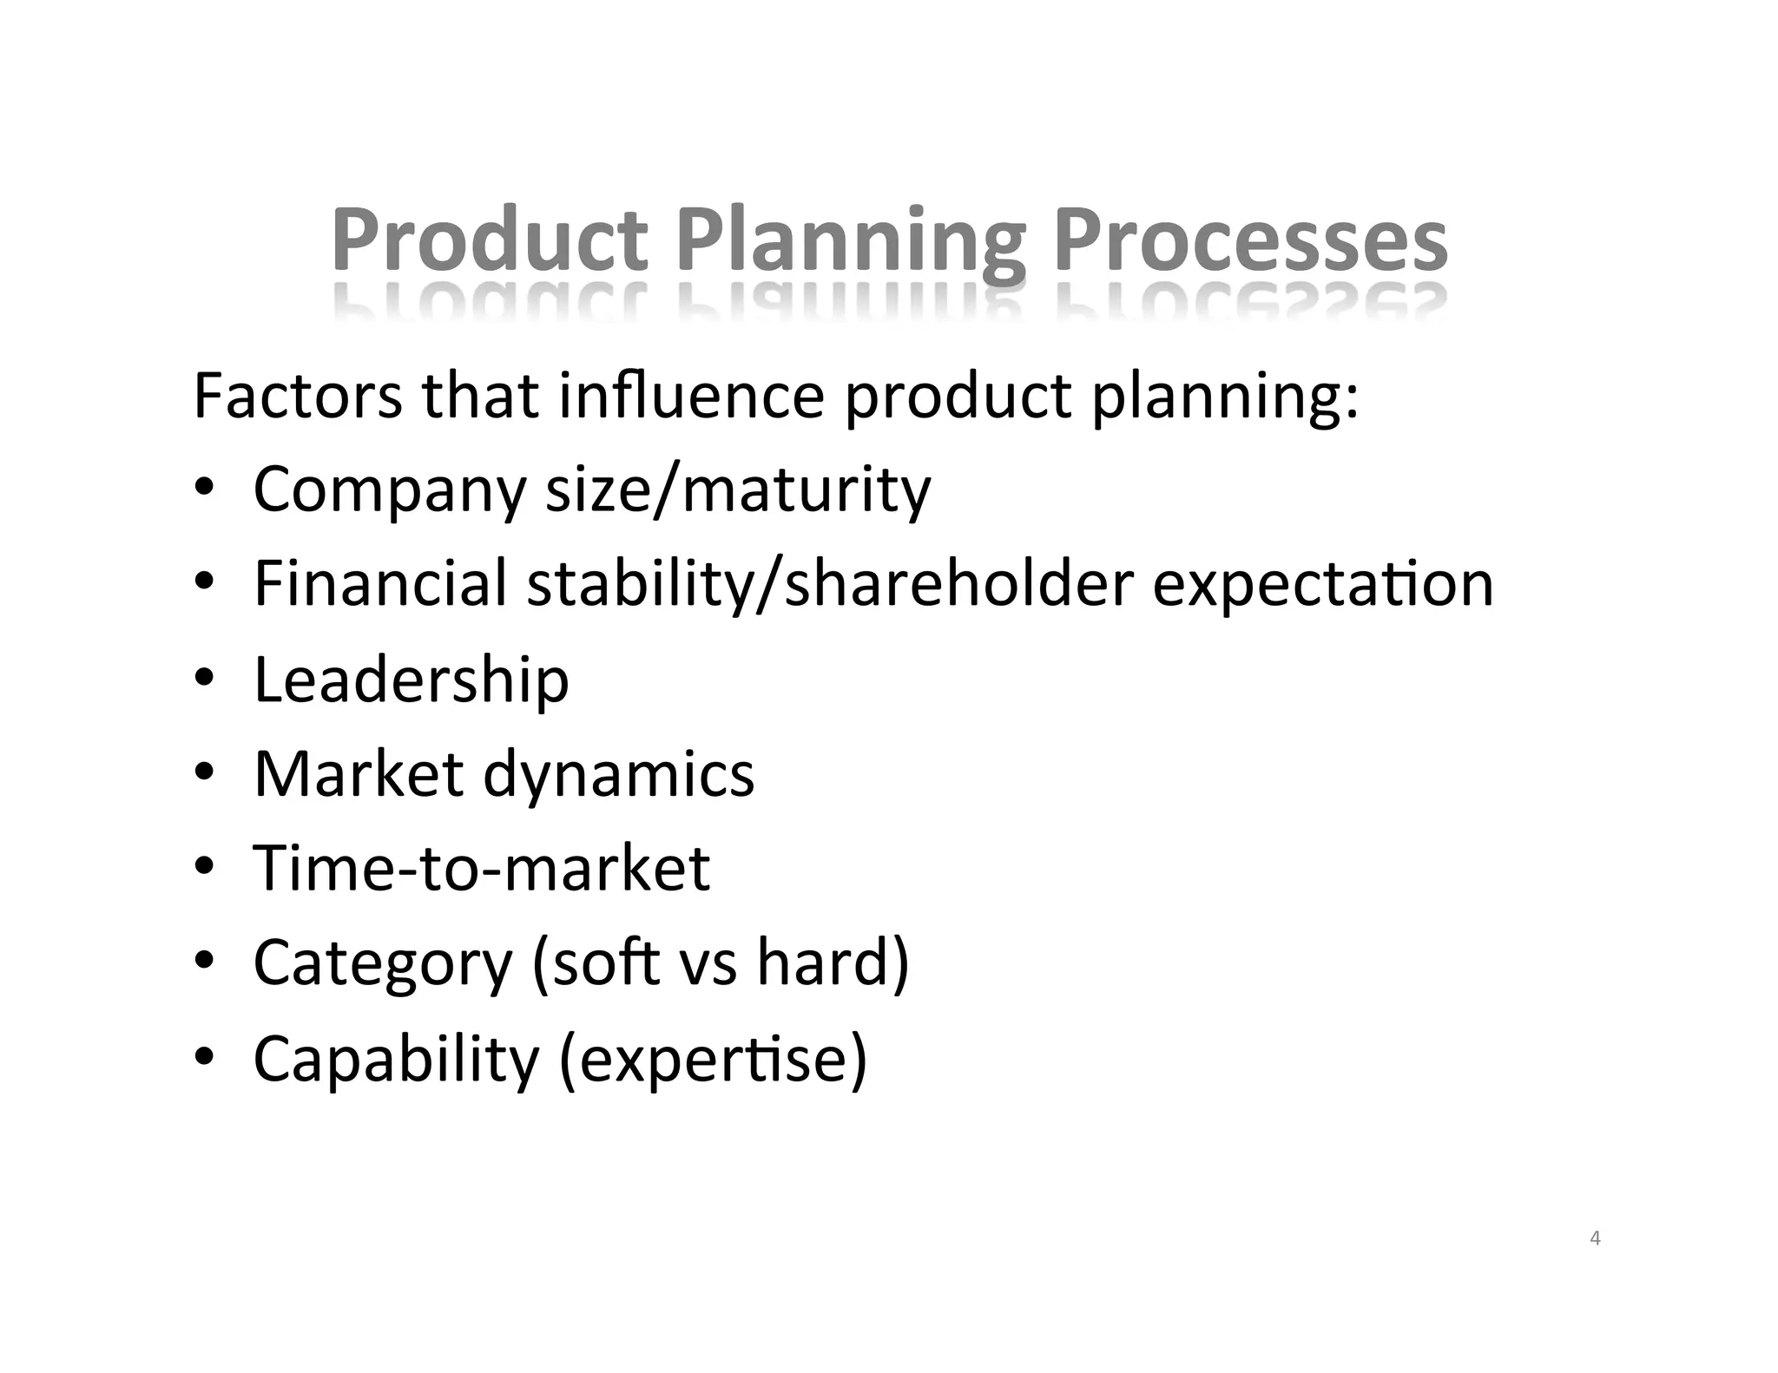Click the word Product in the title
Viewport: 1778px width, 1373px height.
(489, 240)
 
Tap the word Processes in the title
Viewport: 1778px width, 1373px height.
(1251, 240)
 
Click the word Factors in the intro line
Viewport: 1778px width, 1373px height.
(297, 396)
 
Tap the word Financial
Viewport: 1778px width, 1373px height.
(379, 583)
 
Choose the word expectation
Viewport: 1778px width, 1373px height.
(1323, 585)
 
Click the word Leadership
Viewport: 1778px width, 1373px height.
(411, 680)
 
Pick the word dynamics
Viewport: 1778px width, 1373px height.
(618, 775)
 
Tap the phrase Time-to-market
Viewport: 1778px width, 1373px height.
(481, 868)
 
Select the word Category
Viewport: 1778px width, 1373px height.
(383, 964)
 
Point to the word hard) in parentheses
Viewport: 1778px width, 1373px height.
(833, 962)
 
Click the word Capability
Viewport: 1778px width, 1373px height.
(396, 1060)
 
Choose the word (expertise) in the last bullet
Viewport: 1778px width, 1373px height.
(713, 1060)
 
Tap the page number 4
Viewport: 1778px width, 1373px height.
(1595, 1238)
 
